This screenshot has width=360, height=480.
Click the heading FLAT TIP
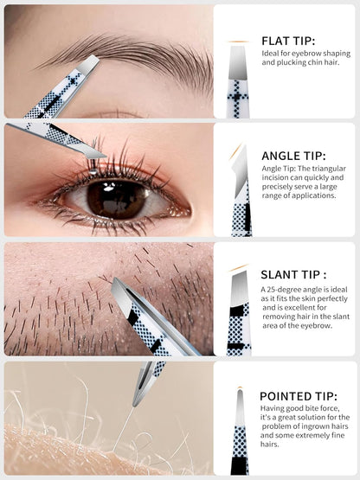288,41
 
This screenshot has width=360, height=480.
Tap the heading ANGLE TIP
293,157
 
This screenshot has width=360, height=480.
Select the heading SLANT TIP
293,274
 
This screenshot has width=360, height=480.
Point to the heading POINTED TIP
298,396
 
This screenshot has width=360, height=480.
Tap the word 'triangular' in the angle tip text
331,169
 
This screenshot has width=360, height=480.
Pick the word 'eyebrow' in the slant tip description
312,326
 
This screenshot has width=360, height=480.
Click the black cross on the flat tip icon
237,97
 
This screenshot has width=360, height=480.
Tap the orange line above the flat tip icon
238,42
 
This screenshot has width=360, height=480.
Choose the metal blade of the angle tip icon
241,171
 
